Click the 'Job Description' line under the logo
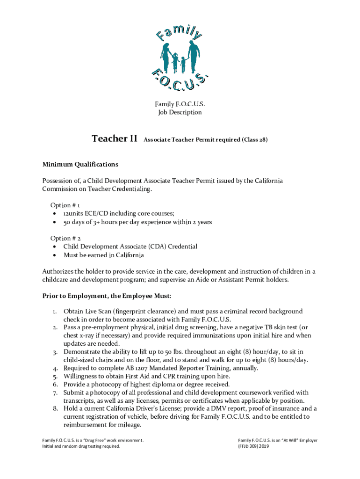coord(180,112)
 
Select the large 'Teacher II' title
coord(115,138)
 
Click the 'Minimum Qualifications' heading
coord(80,164)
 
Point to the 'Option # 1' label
coord(65,205)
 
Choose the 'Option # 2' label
coord(65,238)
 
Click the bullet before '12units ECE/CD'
coord(56,214)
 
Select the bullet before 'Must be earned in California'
coord(56,255)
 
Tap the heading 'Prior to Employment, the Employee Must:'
coord(107,296)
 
